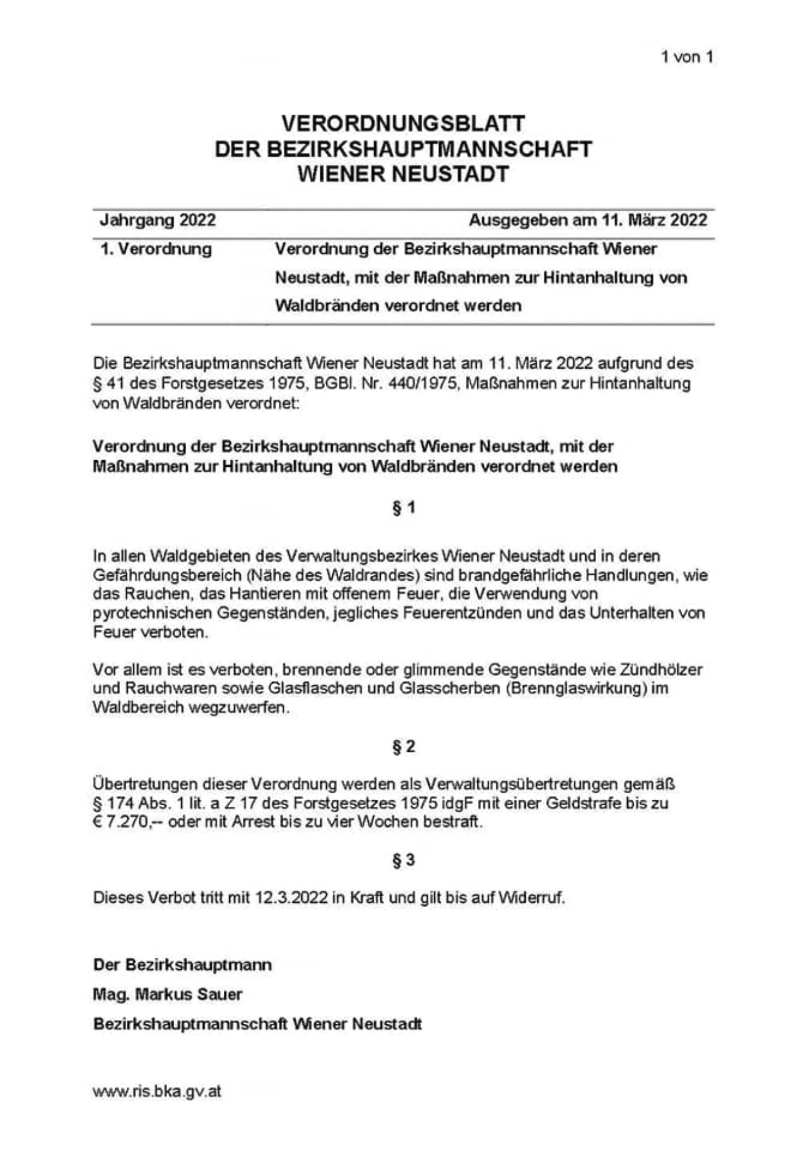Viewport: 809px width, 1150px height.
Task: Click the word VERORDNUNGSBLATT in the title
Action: click(x=403, y=124)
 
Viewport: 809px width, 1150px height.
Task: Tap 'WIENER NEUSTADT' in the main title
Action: click(x=403, y=174)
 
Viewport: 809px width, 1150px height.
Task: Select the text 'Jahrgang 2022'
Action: click(x=157, y=220)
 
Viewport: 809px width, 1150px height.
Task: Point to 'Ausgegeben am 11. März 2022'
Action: click(x=587, y=220)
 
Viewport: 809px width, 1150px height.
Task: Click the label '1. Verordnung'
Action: click(x=156, y=249)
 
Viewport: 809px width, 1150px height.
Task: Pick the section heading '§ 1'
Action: click(x=403, y=508)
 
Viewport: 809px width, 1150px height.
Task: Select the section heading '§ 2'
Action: click(x=403, y=747)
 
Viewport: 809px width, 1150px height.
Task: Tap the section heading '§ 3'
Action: click(x=403, y=860)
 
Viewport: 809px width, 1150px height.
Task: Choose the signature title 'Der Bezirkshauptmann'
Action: click(x=182, y=964)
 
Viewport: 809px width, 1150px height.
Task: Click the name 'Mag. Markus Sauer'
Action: click(x=167, y=994)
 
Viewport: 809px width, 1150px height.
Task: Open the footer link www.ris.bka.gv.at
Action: click(x=157, y=1091)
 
